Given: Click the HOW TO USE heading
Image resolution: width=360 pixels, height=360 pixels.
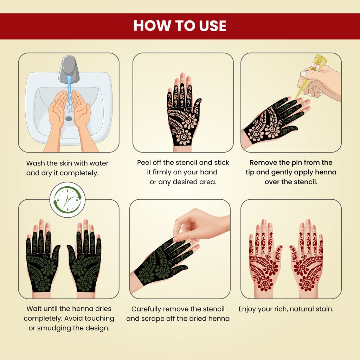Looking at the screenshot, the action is [180, 25].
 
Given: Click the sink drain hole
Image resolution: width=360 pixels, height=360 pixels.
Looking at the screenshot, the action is [69, 118].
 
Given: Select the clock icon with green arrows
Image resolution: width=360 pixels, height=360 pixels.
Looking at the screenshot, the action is [67, 200].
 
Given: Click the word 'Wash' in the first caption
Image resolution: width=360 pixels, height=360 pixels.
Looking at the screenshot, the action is [36, 163].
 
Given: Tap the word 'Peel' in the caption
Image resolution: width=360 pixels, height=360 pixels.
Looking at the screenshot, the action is [144, 162].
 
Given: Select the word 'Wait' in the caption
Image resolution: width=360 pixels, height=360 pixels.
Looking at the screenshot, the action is [34, 309].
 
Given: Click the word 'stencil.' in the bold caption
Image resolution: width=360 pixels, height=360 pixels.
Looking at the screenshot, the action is [306, 182].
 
